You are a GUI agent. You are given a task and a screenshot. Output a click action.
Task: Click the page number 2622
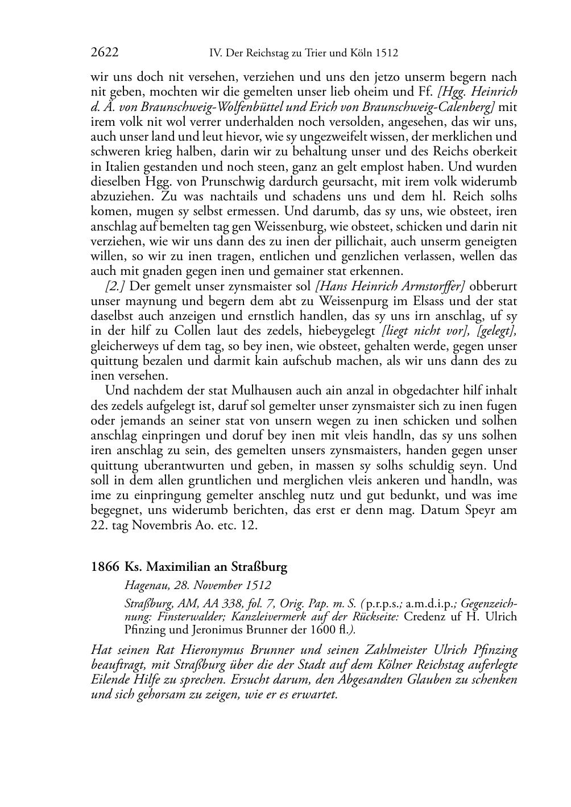[105, 53]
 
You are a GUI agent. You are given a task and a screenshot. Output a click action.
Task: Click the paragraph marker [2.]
[115, 286]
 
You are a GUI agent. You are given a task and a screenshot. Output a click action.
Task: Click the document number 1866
[105, 567]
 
